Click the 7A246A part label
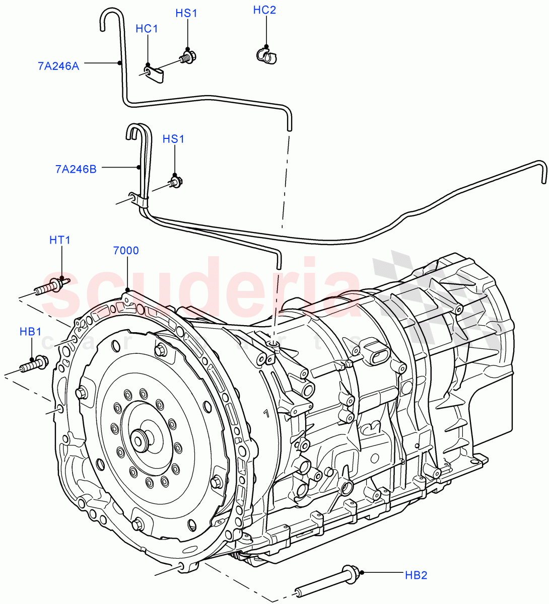click(58, 65)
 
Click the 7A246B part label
click(76, 170)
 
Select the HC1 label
click(147, 29)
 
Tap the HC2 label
click(264, 10)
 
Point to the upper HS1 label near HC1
click(186, 14)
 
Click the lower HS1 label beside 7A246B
click(173, 139)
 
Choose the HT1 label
click(59, 240)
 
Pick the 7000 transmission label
click(126, 251)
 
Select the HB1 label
click(30, 332)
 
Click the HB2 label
click(416, 574)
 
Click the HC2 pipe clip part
click(266, 55)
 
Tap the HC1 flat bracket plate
click(155, 74)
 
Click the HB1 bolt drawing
click(35, 363)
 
